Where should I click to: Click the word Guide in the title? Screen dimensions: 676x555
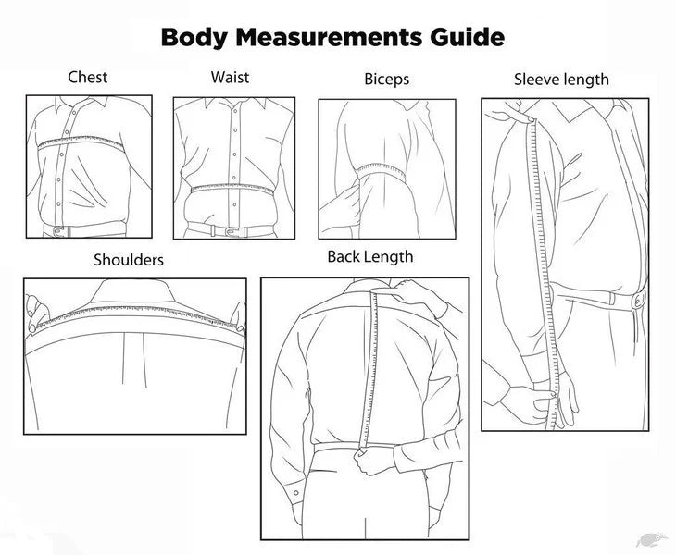pyautogui.click(x=467, y=37)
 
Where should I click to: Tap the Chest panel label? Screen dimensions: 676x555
pyautogui.click(x=88, y=78)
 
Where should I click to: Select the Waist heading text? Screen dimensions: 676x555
pyautogui.click(x=230, y=78)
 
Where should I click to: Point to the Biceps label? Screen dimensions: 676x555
pyautogui.click(x=387, y=80)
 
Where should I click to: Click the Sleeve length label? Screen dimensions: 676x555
pyautogui.click(x=561, y=80)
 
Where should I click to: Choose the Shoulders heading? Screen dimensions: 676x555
pyautogui.click(x=129, y=260)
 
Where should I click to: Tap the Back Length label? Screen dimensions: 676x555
pyautogui.click(x=370, y=256)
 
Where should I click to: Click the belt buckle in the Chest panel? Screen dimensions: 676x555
pyautogui.click(x=59, y=231)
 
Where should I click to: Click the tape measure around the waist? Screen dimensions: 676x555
pyautogui.click(x=232, y=189)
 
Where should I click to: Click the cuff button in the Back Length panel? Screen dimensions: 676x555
pyautogui.click(x=296, y=493)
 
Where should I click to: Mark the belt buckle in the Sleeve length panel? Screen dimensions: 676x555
pyautogui.click(x=639, y=300)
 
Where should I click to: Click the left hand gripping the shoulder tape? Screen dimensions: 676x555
pyautogui.click(x=37, y=313)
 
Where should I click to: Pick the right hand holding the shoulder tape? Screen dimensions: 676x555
pyautogui.click(x=238, y=315)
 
